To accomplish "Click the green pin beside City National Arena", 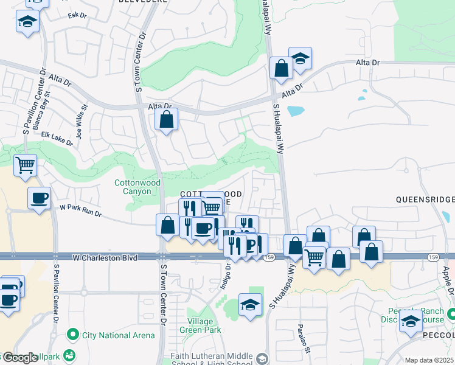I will click(73, 333).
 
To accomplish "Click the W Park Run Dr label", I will click(80, 210).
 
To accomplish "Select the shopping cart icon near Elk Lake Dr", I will click(25, 164).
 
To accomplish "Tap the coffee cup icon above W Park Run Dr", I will click(39, 197).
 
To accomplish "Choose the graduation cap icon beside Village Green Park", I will click(250, 304).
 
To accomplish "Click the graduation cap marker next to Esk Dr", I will click(27, 23).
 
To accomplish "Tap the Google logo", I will click(19, 358).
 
